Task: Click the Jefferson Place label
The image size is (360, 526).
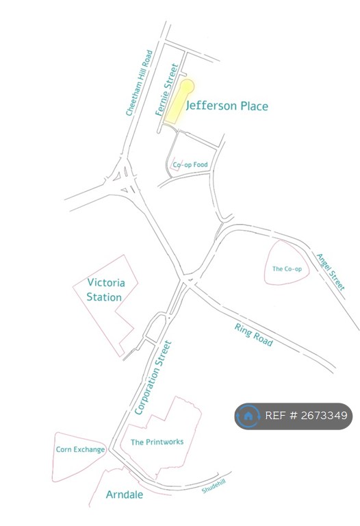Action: (227, 106)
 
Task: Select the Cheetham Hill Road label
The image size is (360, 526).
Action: (140, 83)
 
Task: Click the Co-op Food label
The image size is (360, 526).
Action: (190, 165)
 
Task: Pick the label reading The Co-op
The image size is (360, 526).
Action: (287, 269)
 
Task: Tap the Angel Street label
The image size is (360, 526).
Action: (330, 272)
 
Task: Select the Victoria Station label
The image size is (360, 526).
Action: (105, 290)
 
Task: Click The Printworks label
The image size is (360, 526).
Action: (157, 442)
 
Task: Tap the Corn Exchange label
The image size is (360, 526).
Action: (80, 450)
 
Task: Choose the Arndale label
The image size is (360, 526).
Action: (125, 494)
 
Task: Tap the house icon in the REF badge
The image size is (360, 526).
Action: (248, 416)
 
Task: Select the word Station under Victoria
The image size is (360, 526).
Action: (104, 297)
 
